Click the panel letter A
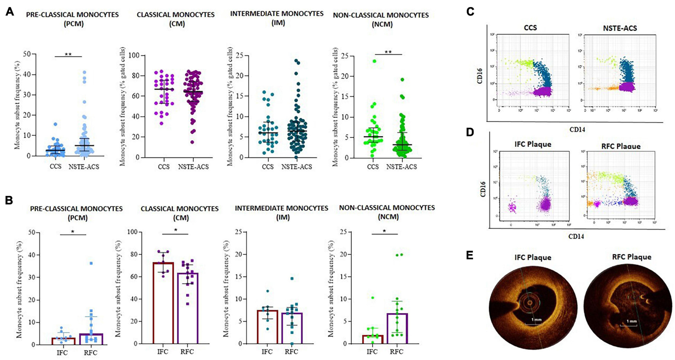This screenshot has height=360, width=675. [10, 12]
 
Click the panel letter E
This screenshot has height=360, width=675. [470, 255]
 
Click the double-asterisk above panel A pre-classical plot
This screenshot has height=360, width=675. [68, 54]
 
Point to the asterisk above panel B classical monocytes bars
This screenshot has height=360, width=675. [176, 230]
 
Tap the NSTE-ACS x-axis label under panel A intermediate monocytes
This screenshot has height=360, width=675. [297, 167]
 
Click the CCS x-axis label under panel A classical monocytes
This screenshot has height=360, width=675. [164, 167]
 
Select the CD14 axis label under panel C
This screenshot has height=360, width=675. [577, 130]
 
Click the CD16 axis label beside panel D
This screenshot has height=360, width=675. [483, 189]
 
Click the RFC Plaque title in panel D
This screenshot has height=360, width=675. [621, 146]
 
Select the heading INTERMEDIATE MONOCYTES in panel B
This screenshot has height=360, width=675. [282, 208]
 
